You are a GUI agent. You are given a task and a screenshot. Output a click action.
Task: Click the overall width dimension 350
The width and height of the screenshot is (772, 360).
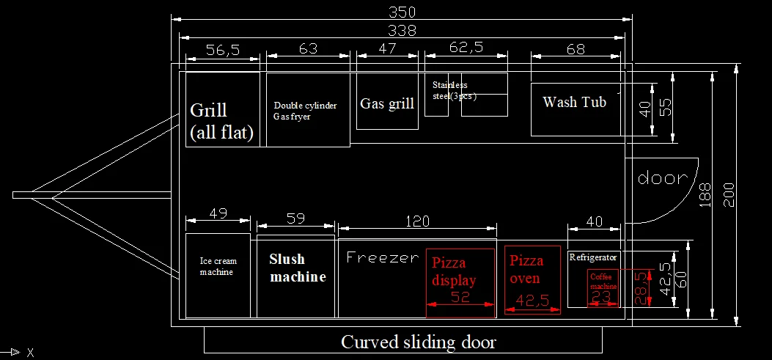click(x=402, y=12)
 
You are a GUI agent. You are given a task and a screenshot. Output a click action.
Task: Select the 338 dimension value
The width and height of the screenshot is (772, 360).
click(x=402, y=30)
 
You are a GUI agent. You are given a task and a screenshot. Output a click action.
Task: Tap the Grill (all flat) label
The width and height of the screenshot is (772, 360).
click(x=221, y=121)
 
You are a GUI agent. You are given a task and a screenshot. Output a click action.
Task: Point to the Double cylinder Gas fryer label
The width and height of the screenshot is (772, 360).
click(x=305, y=111)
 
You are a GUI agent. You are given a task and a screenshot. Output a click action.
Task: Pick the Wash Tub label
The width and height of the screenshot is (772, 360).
click(x=574, y=102)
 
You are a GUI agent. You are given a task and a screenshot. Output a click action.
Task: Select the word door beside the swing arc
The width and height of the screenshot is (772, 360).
click(x=662, y=178)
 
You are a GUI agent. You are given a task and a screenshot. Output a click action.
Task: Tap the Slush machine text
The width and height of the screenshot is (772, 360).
click(x=297, y=268)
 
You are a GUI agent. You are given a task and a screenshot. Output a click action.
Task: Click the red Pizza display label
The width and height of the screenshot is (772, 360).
click(x=454, y=271)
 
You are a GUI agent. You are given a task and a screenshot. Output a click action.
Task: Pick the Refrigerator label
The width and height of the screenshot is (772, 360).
click(x=593, y=257)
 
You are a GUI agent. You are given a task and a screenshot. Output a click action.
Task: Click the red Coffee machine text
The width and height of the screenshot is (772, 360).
click(x=602, y=282)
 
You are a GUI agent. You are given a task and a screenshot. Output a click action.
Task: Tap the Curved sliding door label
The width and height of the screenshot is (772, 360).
click(x=418, y=342)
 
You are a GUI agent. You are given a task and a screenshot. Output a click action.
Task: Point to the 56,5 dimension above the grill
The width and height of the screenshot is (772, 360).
click(x=223, y=50)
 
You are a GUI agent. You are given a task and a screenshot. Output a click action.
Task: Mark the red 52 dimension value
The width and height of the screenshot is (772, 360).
click(x=460, y=297)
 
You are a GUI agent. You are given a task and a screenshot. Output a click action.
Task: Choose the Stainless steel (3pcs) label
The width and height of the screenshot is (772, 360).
click(x=449, y=90)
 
